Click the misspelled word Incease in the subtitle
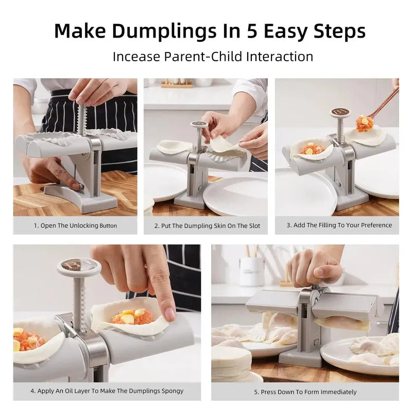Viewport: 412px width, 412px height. (136, 56)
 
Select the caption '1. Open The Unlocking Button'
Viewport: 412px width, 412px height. (75, 226)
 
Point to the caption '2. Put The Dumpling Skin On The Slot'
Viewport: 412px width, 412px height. (207, 226)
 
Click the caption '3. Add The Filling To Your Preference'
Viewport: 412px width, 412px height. (339, 225)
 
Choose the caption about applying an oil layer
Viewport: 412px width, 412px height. (107, 391)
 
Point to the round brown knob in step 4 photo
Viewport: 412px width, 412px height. (79, 266)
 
